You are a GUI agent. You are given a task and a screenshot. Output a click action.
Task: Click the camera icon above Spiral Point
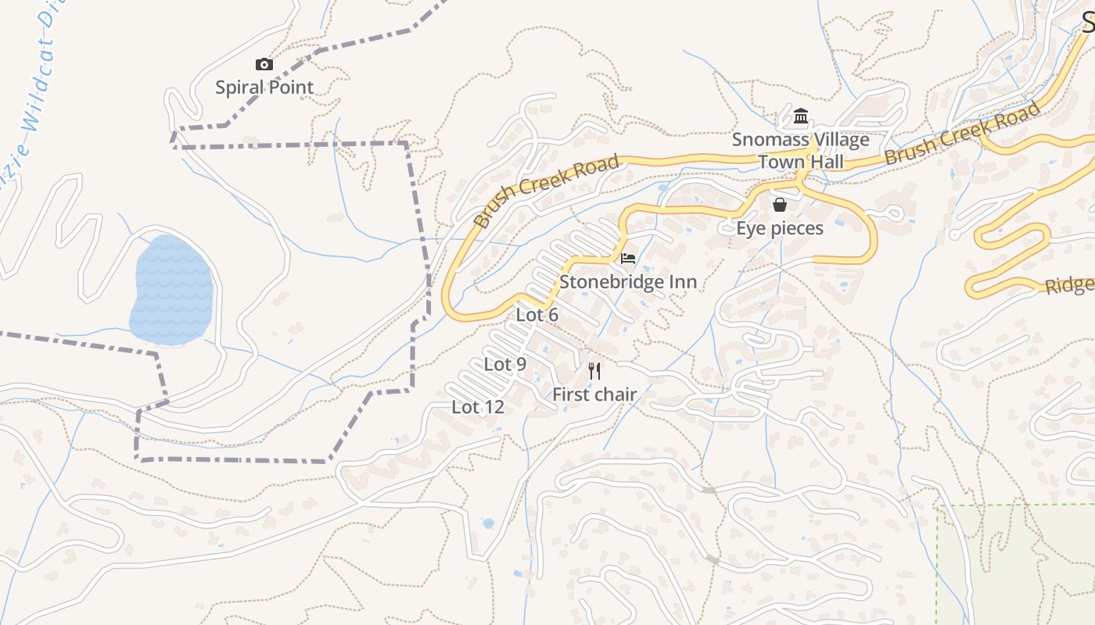(x=264, y=65)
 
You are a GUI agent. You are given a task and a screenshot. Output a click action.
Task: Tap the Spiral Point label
(x=264, y=87)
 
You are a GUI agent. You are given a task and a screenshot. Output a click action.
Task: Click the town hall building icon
(x=800, y=117)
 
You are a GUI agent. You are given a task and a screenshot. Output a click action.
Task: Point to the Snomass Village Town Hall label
(x=800, y=151)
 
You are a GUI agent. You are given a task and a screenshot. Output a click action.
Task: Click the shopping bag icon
(x=780, y=205)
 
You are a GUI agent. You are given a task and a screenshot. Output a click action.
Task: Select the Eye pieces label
(x=780, y=228)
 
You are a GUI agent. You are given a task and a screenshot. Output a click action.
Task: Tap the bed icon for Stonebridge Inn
(x=627, y=259)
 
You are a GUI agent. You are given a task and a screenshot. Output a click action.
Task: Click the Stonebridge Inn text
(x=627, y=282)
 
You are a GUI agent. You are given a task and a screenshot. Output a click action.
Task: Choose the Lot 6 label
(x=537, y=315)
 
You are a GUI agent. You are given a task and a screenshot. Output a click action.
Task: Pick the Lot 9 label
(x=505, y=364)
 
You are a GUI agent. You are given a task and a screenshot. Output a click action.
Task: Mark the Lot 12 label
(x=478, y=407)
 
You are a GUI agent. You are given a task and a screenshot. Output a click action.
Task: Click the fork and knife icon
(x=594, y=370)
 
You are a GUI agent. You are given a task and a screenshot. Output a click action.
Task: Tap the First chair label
(x=594, y=395)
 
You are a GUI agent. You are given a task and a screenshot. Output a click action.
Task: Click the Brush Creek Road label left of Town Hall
(x=547, y=191)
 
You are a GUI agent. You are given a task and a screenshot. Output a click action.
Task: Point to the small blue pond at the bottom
(x=488, y=523)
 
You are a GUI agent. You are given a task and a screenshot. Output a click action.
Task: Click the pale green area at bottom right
(x=1017, y=570)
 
